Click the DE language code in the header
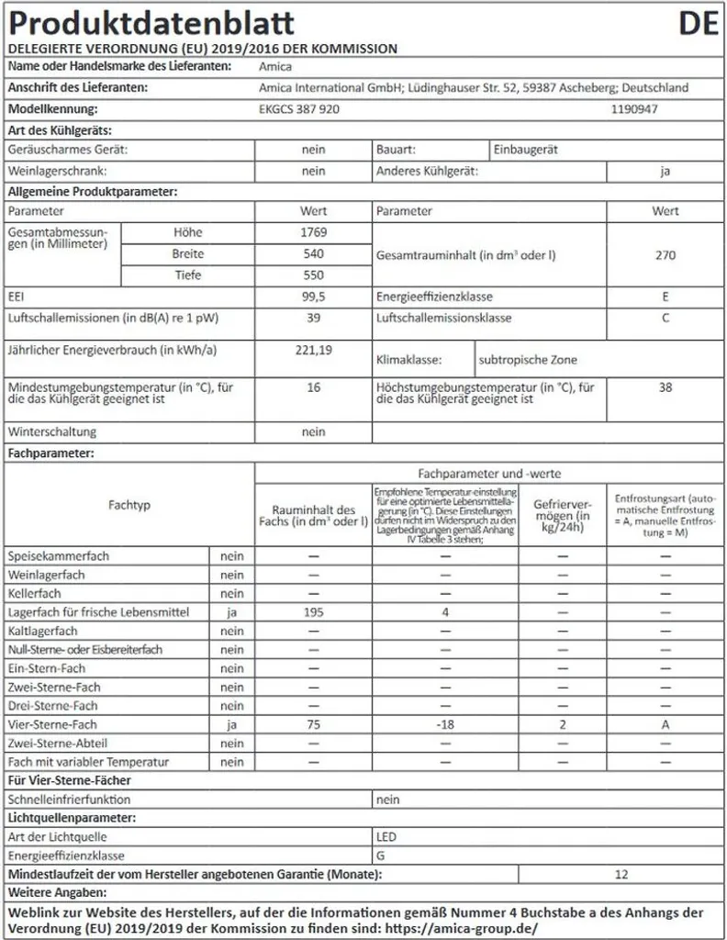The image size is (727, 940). point(699,23)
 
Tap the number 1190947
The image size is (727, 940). point(634,108)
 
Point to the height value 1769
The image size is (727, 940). point(313,232)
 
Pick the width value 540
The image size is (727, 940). point(313,253)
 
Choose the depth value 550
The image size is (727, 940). point(313,274)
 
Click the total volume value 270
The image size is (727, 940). point(665,254)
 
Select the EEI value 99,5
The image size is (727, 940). point(313,297)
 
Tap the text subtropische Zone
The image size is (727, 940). point(528,360)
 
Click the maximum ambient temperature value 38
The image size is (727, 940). point(665,387)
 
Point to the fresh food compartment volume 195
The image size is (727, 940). point(313,611)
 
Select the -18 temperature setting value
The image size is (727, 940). point(444,724)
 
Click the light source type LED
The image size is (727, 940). point(386,836)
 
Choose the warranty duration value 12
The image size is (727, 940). point(621,874)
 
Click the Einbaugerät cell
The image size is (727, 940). point(525,149)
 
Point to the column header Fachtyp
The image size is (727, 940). point(129,505)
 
